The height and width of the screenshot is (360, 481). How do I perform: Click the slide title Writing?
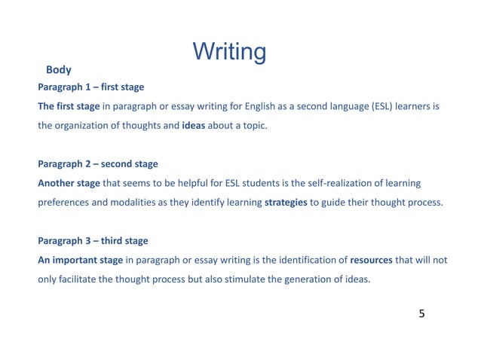coord(229,52)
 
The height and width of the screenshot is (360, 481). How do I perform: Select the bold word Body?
coord(59,70)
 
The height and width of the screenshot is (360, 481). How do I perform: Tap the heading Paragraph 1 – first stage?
coord(90,87)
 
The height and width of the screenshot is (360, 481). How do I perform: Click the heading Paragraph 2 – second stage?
coord(97,163)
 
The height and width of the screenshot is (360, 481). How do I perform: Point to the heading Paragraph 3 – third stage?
coord(93,241)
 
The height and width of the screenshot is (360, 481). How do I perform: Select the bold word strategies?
coord(286,202)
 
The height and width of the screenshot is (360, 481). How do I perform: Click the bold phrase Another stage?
coord(69,183)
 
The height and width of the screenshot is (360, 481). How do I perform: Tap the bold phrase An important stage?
coord(80,260)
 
